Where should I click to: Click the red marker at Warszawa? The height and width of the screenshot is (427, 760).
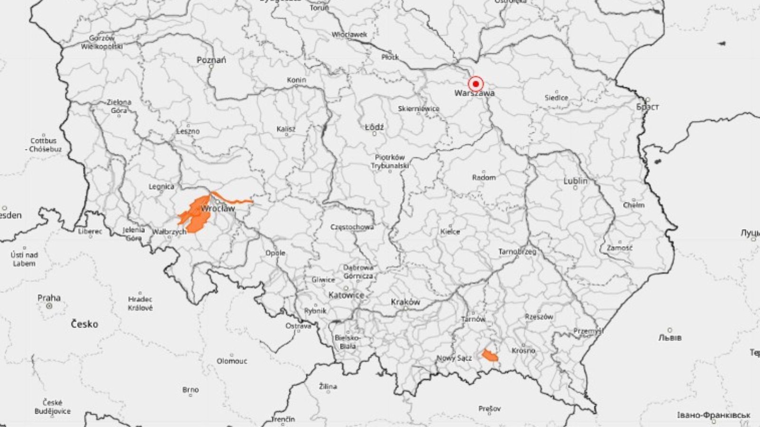(x=475, y=84)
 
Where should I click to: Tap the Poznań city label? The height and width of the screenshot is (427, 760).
(x=211, y=60)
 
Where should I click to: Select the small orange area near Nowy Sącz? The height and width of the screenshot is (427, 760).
(x=490, y=355)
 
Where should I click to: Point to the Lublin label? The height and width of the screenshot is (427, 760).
(x=575, y=181)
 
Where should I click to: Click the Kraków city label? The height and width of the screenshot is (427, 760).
(x=405, y=302)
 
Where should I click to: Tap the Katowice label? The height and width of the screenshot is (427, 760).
(x=346, y=295)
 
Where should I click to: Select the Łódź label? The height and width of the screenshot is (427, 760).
(x=374, y=128)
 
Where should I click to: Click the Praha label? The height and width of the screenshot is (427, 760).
(x=49, y=298)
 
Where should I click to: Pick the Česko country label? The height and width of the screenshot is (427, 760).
(x=85, y=325)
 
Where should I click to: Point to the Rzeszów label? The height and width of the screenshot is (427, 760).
(x=539, y=316)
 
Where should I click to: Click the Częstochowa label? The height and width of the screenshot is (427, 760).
(x=352, y=227)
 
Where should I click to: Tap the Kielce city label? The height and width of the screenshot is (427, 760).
(x=450, y=232)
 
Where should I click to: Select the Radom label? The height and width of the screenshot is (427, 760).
(x=484, y=177)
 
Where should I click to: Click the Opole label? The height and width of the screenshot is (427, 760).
(x=275, y=253)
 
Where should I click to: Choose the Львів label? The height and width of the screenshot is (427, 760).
(x=670, y=338)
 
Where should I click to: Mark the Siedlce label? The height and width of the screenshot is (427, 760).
(x=556, y=98)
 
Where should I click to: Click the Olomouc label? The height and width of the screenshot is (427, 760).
(x=232, y=361)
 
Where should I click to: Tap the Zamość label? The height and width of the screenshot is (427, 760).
(x=619, y=248)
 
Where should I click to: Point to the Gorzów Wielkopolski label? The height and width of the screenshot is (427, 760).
(x=102, y=42)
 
